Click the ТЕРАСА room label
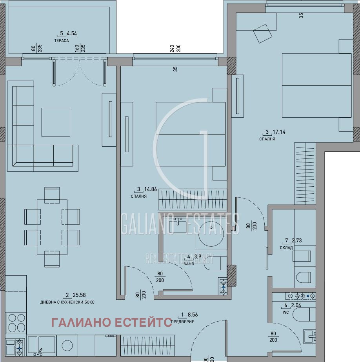[62, 41]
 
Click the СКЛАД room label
[286, 248]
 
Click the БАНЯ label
[189, 264]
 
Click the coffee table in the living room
[56, 122]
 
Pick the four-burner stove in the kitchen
[16, 322]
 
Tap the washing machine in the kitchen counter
[68, 345]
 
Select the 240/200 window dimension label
[175, 48]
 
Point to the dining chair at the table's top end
[52, 194]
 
